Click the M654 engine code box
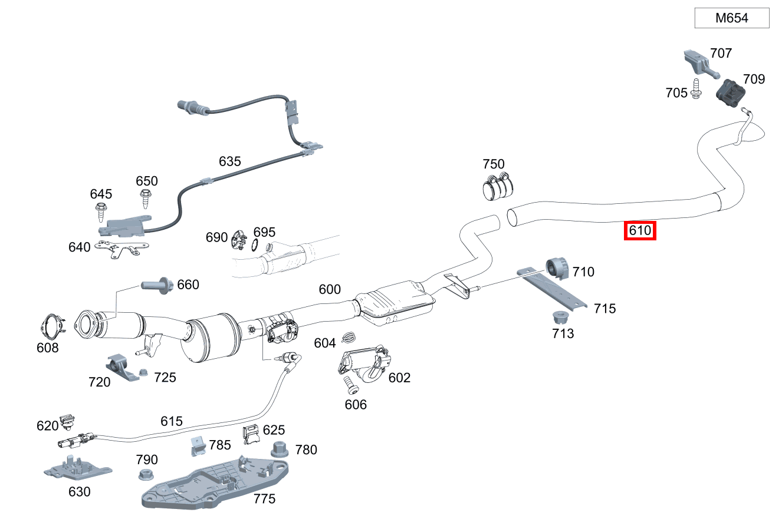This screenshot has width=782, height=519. pos(731,18)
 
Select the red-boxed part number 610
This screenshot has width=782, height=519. pos(640,230)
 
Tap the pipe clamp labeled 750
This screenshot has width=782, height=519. pos(498,186)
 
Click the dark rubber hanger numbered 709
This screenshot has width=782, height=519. pos(730,92)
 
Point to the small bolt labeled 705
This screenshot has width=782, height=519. pos(696,89)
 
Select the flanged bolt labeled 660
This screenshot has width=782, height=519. pos(157,286)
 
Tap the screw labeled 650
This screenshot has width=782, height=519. pos(145,199)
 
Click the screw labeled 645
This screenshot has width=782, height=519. pos(100,213)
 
